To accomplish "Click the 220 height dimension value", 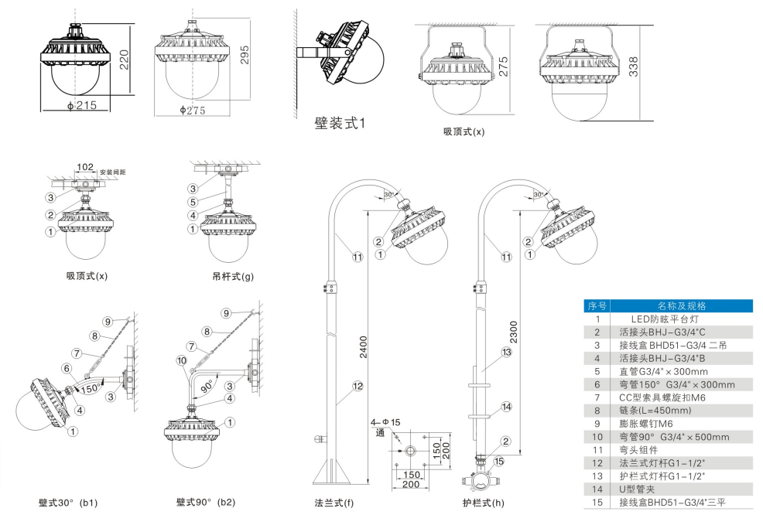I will click(x=124, y=56).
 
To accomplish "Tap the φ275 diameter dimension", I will click(x=192, y=111).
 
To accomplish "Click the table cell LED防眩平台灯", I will click(x=665, y=319).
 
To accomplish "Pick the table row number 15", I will click(x=597, y=503).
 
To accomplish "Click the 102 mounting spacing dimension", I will click(x=85, y=167).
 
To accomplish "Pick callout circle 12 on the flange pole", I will click(x=358, y=386).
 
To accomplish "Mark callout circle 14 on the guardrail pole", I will click(x=506, y=406).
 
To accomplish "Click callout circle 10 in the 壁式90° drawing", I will click(x=180, y=360).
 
